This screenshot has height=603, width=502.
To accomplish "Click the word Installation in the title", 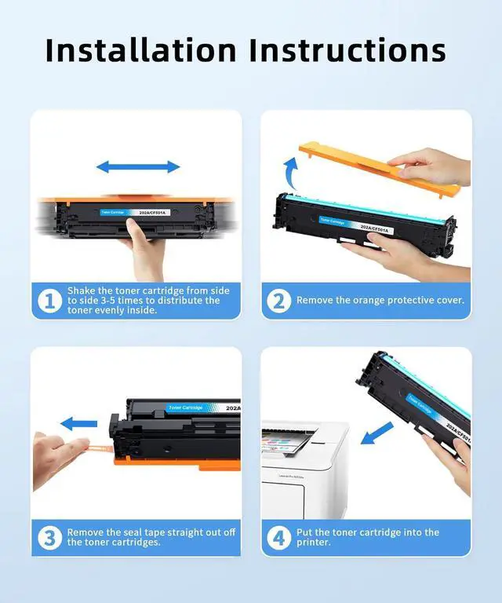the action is pyautogui.click(x=140, y=50).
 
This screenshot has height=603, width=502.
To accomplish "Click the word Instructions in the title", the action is pyautogui.click(x=347, y=50).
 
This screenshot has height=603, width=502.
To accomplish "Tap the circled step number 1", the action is pyautogui.click(x=50, y=301).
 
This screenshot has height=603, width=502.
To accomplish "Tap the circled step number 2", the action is pyautogui.click(x=279, y=301).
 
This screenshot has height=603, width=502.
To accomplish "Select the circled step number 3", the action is pyautogui.click(x=50, y=538).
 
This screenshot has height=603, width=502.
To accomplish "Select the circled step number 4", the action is pyautogui.click(x=279, y=538).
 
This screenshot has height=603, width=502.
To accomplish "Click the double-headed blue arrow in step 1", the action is pyautogui.click(x=138, y=167).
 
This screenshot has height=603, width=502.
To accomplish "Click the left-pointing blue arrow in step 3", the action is pyautogui.click(x=78, y=424).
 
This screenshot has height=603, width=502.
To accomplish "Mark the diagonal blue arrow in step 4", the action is pyautogui.click(x=377, y=433).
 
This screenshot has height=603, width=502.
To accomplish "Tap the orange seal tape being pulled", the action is pyautogui.click(x=100, y=448).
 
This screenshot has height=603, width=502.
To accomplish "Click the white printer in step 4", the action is pyautogui.click(x=305, y=470).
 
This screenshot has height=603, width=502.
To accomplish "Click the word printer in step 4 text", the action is pyautogui.click(x=313, y=543).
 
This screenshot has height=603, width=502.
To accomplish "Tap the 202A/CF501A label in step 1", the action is pyautogui.click(x=151, y=212).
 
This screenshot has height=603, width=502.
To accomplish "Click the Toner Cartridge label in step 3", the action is pyautogui.click(x=185, y=407).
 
